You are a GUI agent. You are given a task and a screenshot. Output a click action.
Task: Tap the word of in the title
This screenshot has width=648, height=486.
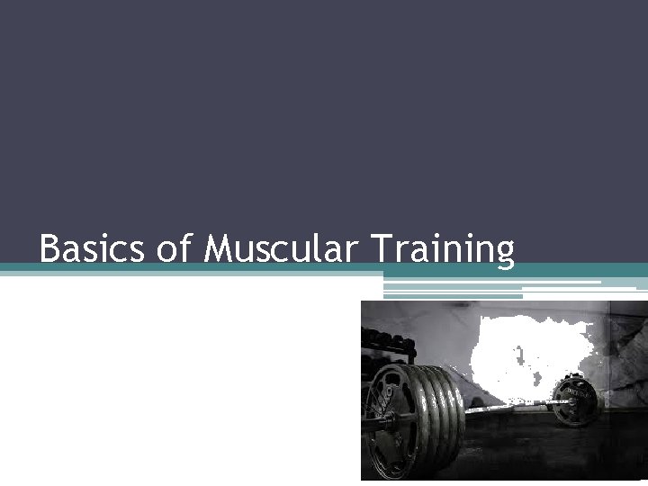[174, 248]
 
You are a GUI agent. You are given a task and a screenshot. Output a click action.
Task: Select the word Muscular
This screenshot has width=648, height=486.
[280, 248]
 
